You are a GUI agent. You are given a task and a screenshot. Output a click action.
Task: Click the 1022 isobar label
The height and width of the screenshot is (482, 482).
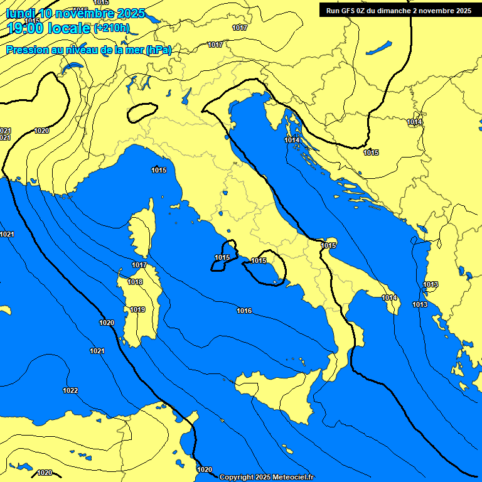point(70,390)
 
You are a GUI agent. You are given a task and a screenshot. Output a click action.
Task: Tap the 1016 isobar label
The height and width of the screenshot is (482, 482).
point(244,311)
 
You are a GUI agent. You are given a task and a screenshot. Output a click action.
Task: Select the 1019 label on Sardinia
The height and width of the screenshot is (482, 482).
point(137,309)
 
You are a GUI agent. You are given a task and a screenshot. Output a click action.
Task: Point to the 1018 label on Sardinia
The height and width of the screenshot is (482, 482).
point(135,282)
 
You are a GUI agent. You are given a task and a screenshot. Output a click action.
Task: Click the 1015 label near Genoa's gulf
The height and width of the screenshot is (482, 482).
point(159,170)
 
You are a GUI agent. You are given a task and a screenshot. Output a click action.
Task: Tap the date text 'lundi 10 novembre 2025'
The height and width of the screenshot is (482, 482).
point(75,13)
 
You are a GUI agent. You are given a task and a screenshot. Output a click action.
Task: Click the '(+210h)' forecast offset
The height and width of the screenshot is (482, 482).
point(112,28)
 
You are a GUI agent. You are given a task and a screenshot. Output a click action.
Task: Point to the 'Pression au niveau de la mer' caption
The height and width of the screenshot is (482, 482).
point(88,50)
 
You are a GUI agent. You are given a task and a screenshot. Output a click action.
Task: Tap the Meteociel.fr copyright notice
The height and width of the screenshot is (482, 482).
point(267,477)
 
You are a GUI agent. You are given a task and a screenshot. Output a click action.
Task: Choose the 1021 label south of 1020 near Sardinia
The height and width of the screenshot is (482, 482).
point(97,351)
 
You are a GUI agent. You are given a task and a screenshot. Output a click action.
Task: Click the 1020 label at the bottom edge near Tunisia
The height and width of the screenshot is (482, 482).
point(205,469)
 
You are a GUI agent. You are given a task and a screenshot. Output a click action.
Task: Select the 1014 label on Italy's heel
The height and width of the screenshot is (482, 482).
point(389,297)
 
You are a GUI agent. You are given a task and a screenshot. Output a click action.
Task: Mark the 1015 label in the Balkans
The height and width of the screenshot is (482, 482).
point(371,153)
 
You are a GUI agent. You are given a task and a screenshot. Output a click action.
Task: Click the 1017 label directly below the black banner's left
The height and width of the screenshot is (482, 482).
point(239,28)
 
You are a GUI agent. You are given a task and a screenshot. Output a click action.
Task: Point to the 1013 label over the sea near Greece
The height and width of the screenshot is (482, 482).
point(420,304)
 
